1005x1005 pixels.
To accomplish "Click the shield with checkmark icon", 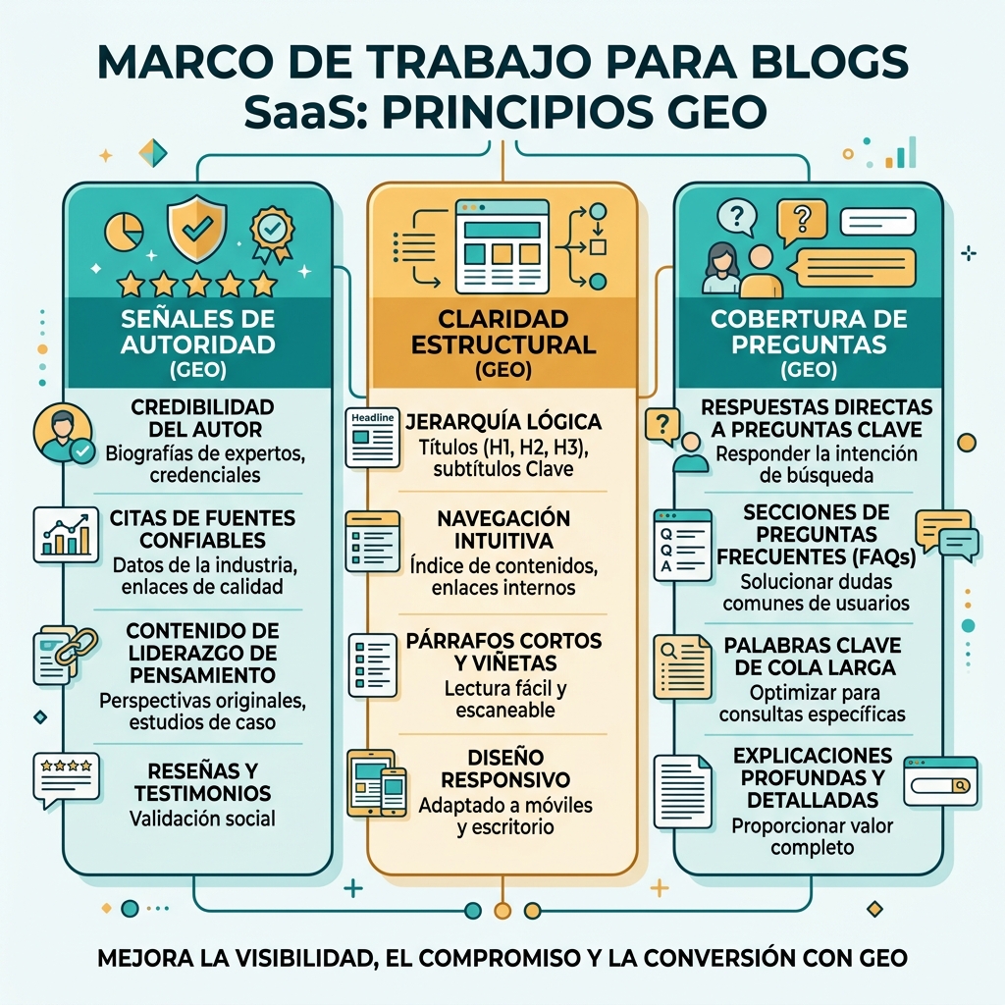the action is (x=196, y=229).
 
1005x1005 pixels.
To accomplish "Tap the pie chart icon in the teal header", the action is (x=124, y=231).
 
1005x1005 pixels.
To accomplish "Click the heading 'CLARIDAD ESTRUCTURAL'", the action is (x=503, y=332).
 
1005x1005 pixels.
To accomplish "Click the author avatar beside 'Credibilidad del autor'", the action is (x=63, y=433).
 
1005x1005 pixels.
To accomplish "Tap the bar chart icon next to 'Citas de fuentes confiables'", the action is (x=66, y=535).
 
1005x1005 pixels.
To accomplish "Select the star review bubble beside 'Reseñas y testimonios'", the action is (x=66, y=779).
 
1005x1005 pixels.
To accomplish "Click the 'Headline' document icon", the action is (x=372, y=437).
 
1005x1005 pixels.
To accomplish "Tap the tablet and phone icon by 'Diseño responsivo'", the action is (x=377, y=783).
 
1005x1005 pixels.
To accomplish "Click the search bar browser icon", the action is (x=940, y=780).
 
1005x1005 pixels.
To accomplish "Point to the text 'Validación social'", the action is (x=202, y=819).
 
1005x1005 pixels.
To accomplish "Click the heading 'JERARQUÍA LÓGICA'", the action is (x=503, y=422).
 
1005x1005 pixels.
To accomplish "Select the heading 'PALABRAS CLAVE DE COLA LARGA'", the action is (x=812, y=657).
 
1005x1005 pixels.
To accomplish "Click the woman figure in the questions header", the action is (x=721, y=269).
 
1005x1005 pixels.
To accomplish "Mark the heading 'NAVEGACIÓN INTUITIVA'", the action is (x=503, y=529).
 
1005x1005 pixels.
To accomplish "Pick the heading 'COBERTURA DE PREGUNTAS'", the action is (x=809, y=332).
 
